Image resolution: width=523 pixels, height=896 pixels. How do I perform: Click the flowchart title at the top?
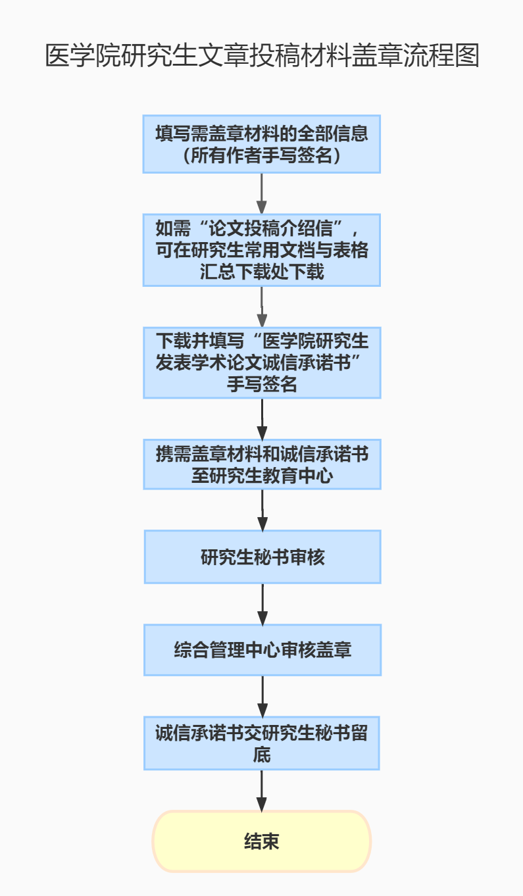click(262, 56)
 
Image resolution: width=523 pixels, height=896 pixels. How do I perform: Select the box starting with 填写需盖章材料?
click(262, 144)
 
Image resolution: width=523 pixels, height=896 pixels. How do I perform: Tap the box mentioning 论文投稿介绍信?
click(262, 250)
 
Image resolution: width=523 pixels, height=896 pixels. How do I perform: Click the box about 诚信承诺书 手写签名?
click(262, 362)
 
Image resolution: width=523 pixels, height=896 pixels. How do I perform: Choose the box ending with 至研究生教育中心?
click(262, 464)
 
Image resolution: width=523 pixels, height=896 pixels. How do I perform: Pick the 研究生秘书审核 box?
click(262, 557)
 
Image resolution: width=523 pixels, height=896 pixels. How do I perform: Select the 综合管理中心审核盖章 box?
click(262, 650)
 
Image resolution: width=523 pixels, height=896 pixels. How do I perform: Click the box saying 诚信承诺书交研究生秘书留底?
click(262, 743)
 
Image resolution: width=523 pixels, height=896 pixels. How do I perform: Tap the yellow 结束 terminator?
click(262, 841)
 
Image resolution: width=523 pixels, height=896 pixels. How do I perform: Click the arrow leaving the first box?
click(262, 193)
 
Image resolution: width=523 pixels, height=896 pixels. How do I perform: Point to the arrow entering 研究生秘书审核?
click(262, 510)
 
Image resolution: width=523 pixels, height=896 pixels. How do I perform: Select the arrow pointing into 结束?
click(262, 790)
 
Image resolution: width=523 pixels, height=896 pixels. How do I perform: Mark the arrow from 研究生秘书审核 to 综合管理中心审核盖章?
click(262, 604)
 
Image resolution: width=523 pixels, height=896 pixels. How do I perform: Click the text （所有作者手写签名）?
click(262, 155)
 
